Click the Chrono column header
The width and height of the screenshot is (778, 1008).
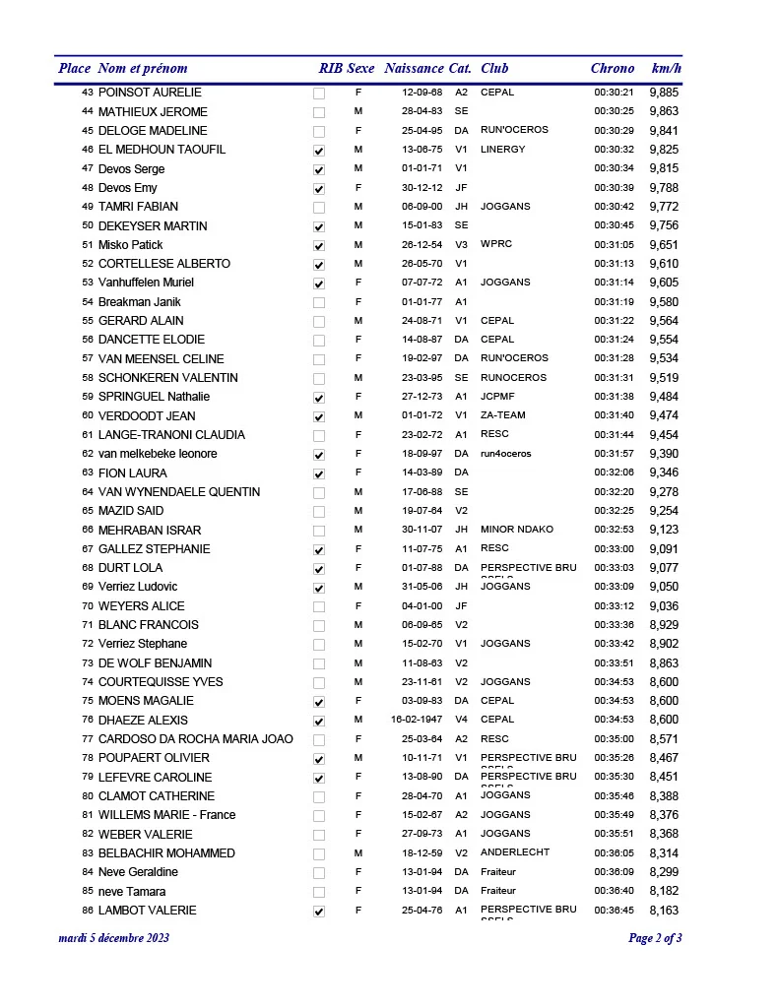(612, 69)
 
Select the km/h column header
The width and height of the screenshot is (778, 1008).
(666, 69)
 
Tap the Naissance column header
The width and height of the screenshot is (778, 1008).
(414, 69)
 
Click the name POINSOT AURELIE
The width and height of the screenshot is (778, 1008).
(150, 93)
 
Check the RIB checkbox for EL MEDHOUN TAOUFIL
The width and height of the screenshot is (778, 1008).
(318, 151)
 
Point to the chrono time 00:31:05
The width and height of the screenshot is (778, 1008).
(614, 245)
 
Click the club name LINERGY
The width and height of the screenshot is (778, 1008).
(502, 150)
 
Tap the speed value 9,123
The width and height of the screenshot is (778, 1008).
(664, 530)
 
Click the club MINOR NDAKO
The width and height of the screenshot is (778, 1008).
(516, 530)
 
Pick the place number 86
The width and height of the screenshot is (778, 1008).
(88, 911)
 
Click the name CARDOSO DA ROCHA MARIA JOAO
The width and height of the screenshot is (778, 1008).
(195, 739)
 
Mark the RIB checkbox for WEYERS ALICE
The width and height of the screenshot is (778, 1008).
(318, 606)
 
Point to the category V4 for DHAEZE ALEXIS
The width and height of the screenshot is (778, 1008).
(461, 720)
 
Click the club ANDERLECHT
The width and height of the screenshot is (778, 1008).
(515, 852)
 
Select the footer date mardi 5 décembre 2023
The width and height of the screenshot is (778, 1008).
(114, 938)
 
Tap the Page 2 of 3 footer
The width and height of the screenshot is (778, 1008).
(655, 938)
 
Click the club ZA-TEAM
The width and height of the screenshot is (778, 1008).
(503, 415)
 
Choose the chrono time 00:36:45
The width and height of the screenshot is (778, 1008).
(614, 911)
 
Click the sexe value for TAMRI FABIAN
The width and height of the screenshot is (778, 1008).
(358, 207)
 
